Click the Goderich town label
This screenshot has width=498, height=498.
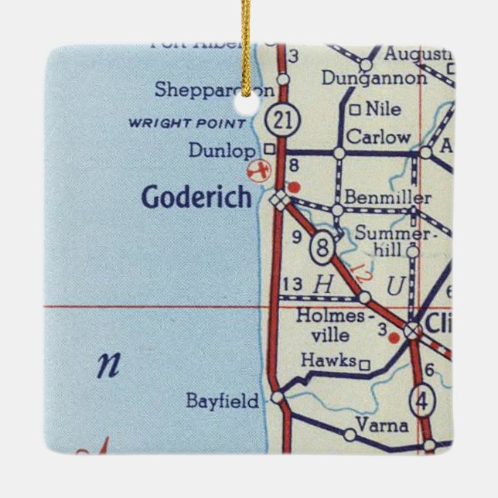196,198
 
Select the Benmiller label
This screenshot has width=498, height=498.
388,199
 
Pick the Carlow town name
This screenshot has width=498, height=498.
377,137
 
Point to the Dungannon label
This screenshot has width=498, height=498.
373,78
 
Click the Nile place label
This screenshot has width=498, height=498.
384,109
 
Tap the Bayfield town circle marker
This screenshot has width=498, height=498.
277,397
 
